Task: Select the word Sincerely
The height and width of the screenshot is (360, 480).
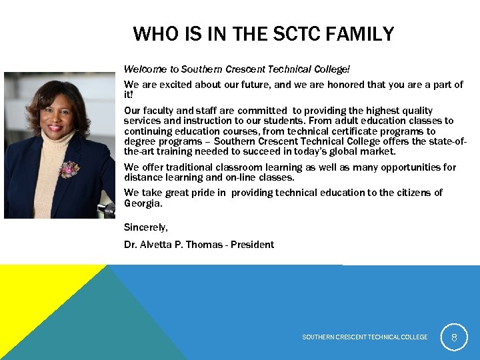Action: click(x=145, y=228)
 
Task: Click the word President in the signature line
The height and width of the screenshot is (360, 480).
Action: click(x=253, y=245)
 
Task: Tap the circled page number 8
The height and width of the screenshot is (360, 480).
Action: click(x=454, y=337)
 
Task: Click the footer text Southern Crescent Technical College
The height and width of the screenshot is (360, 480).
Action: click(x=365, y=337)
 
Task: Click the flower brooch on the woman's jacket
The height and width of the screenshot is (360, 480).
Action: click(x=69, y=169)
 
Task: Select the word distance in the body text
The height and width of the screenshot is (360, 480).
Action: click(x=143, y=177)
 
